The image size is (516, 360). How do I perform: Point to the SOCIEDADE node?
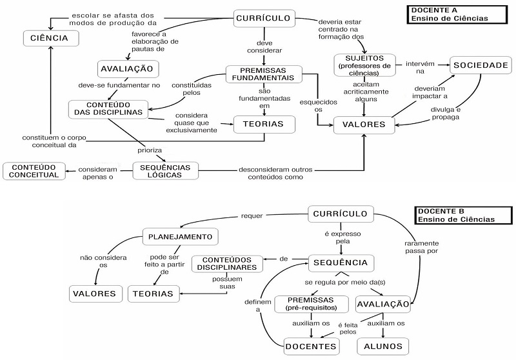pos(481,65)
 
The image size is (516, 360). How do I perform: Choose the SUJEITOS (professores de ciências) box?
pos(364,65)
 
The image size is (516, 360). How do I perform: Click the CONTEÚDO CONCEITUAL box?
pos(35,170)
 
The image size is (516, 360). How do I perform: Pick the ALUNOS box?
pos(382,346)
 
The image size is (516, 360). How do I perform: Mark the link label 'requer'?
pos(250,215)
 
